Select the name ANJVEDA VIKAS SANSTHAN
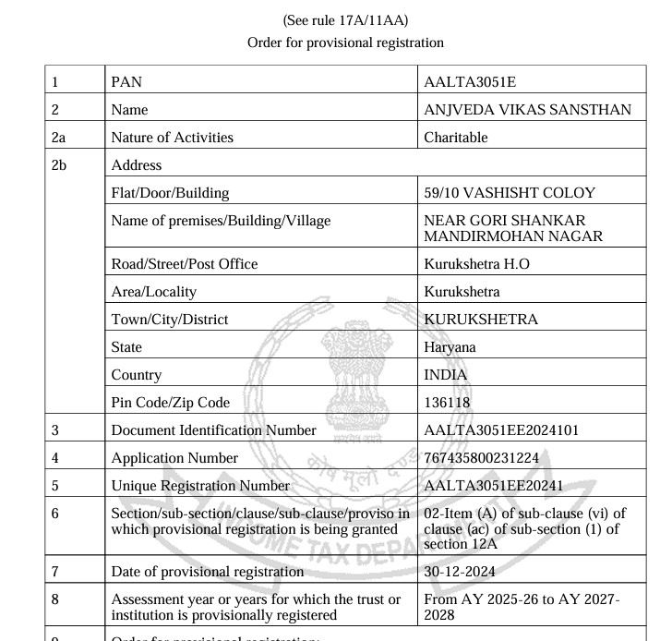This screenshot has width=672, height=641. pyautogui.click(x=527, y=110)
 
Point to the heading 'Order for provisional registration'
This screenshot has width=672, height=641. pyautogui.click(x=346, y=42)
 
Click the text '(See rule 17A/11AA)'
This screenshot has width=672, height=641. pyautogui.click(x=346, y=20)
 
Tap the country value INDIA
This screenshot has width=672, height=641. pyautogui.click(x=445, y=375)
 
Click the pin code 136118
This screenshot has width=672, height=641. pyautogui.click(x=447, y=403)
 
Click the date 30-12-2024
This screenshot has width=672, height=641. pyautogui.click(x=460, y=572)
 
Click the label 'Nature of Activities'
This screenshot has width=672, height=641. pyautogui.click(x=172, y=138)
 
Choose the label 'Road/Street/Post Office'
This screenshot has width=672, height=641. pyautogui.click(x=184, y=264)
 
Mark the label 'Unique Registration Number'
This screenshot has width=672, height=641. pyautogui.click(x=200, y=486)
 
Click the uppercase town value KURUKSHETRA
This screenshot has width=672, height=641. pyautogui.click(x=480, y=320)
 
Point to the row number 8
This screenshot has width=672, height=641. pyautogui.click(x=56, y=599)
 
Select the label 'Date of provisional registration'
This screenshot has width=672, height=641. pyautogui.click(x=207, y=572)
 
